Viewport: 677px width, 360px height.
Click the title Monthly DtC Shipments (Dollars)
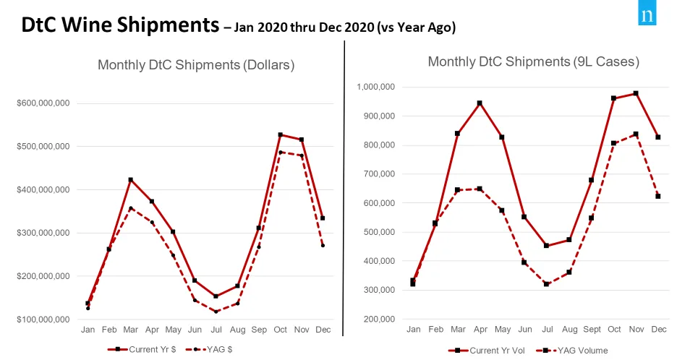tap(196, 65)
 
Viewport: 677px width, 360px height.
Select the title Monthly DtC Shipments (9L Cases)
tap(533, 61)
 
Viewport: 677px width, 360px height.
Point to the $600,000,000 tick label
tap(43, 103)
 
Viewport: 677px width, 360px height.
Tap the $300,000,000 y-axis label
tap(43, 233)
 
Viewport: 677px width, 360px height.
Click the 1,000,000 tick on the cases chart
tap(375, 87)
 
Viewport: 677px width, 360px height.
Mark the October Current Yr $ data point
tap(280, 135)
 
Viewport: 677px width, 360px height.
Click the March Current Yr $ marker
tap(130, 179)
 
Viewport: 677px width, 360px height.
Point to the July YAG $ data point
tap(216, 312)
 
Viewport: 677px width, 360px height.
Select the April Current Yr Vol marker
tap(479, 103)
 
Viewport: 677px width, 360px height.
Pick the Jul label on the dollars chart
tap(216, 330)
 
